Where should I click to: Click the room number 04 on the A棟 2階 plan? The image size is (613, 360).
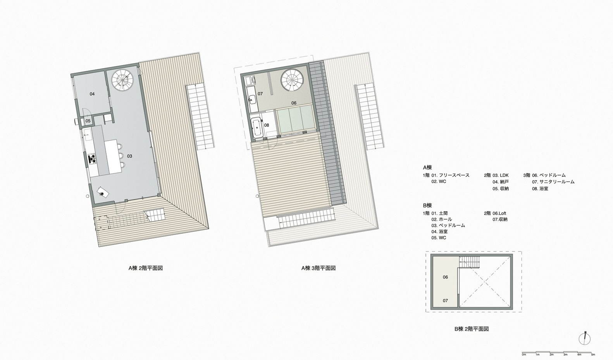coord(92,94)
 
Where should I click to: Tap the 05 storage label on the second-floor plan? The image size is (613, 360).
coord(88,121)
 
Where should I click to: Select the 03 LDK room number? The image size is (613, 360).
coord(130,156)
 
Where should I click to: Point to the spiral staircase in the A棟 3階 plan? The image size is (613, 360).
coord(292,80)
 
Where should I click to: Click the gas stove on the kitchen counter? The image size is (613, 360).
coord(93,159)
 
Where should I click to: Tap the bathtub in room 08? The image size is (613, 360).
coord(257,127)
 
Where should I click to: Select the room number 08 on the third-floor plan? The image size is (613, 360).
coord(266,125)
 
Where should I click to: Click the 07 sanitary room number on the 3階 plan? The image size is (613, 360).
coord(260,94)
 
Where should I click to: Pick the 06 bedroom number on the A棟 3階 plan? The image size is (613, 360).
coord(294,103)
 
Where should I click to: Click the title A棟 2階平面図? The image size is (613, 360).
coord(146,268)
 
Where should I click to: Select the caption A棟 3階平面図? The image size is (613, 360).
coord(319,268)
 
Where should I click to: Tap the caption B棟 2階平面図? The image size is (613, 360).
coord(472,329)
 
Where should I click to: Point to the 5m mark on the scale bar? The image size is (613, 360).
coord(593,354)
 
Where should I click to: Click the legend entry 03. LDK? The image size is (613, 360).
coord(501,175)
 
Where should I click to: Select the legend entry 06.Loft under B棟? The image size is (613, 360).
coord(499,213)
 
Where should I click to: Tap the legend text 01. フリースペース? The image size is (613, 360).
coord(450,175)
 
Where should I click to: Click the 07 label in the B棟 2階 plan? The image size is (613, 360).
coord(445,301)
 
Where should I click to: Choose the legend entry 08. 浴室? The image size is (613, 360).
coord(540,189)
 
